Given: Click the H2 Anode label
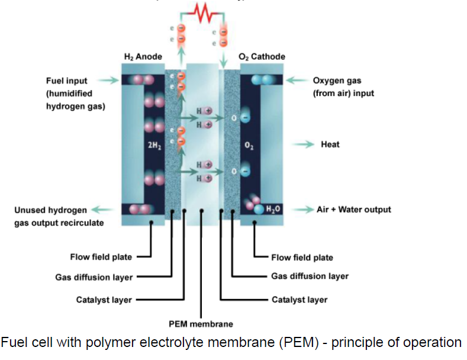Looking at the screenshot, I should pos(143,57).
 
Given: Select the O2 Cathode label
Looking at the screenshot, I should pos(262,57).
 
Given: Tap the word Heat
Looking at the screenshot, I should pos(330,144).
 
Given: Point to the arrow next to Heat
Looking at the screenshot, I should pos(303,144).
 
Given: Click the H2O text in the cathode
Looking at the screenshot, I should pos(273,209).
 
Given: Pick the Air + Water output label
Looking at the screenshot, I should pos(353,210).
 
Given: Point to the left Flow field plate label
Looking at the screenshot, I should pos(101,257).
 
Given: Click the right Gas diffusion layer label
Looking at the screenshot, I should pos(310,276).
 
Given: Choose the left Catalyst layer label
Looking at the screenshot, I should pos(104,300).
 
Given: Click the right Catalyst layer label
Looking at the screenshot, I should pos(299,300).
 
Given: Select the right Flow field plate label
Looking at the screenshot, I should pos(302,258).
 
